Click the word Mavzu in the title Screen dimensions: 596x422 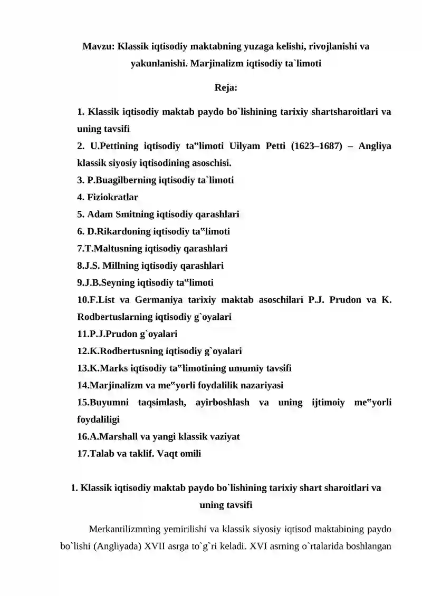click(98, 46)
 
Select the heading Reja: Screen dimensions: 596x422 click(226, 87)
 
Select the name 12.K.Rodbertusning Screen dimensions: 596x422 click(122, 351)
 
